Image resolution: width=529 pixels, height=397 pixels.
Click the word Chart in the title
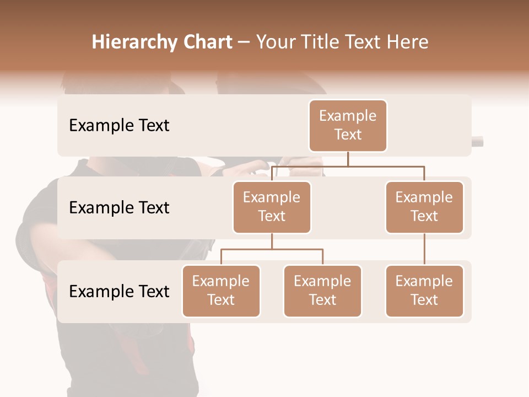[x=207, y=42]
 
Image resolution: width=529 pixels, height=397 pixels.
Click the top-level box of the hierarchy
[x=348, y=126]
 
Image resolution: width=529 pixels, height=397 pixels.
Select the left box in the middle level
[x=272, y=207]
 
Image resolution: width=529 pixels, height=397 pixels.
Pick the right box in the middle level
[x=424, y=207]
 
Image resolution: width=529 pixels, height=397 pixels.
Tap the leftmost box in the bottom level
[x=221, y=291]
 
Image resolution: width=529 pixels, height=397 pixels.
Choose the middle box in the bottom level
[x=322, y=291]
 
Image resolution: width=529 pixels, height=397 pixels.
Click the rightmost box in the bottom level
[x=424, y=291]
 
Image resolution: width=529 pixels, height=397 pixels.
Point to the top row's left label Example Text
[x=119, y=126]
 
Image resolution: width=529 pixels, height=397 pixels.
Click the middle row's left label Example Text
[x=119, y=208]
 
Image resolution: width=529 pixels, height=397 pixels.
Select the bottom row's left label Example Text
[x=119, y=292]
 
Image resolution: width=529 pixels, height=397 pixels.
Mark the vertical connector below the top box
[x=348, y=159]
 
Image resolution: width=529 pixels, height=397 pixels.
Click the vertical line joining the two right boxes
[x=424, y=249]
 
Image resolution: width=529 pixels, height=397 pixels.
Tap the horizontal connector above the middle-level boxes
[x=386, y=165]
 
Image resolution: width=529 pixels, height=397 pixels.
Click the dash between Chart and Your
[x=244, y=42]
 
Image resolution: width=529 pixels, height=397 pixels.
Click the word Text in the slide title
[x=368, y=42]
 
